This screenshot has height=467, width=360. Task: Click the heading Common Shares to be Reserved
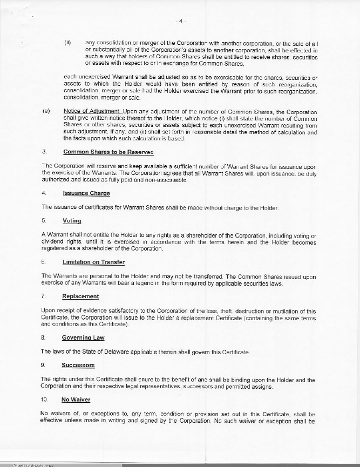pos(108,152)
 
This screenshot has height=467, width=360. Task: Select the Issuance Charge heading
pos(86,193)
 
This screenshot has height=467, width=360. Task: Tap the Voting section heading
pos(72,221)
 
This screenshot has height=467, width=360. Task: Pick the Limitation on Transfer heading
pos(93,262)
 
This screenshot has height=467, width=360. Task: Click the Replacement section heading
pos(80,296)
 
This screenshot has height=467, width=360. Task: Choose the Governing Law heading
pos(83,338)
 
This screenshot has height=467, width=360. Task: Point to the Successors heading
pos(78,366)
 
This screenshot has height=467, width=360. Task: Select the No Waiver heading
pos(76,400)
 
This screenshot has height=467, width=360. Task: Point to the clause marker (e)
pos(46,112)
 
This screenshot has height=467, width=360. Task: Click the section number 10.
pos(45,400)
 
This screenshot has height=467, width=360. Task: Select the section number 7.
pos(43,296)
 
